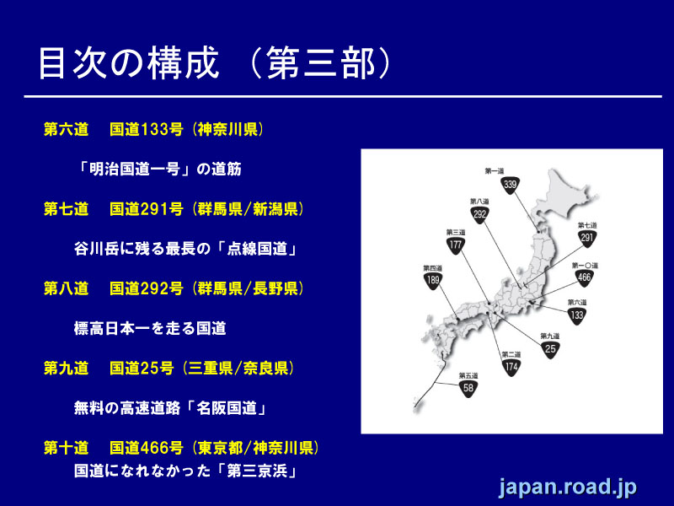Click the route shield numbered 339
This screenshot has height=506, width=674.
[510, 185]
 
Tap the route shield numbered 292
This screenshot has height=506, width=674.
[480, 215]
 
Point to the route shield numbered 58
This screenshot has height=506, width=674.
[468, 389]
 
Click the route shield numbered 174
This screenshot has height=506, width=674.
[511, 368]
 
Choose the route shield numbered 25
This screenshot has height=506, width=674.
[550, 348]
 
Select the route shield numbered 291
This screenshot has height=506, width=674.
[587, 239]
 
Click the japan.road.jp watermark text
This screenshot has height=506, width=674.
[567, 487]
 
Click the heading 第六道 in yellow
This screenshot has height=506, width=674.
[66, 130]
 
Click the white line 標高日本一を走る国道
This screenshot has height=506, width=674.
[150, 329]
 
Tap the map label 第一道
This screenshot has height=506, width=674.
[495, 170]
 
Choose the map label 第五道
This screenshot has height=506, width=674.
[468, 374]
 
